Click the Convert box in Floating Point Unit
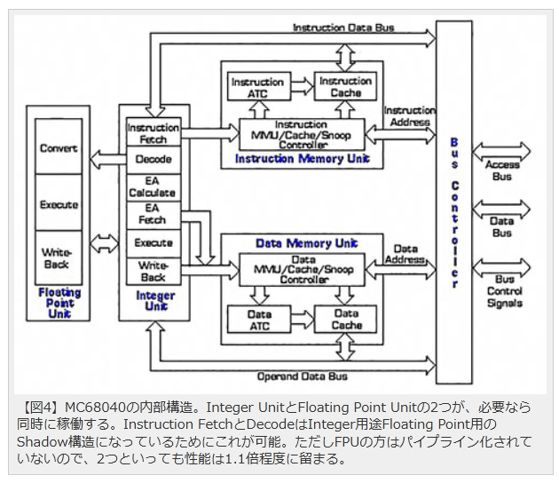(x=59, y=148)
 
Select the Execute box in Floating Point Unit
(x=59, y=204)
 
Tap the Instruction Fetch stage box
(x=153, y=133)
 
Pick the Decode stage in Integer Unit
(x=153, y=160)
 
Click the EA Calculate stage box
(x=153, y=186)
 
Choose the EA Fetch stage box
(x=153, y=214)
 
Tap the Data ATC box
(x=259, y=320)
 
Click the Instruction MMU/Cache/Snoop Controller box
(x=303, y=134)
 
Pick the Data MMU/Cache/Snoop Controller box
(x=303, y=269)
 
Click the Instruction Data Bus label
(x=342, y=28)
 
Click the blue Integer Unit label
(x=154, y=300)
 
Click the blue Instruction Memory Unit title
(x=302, y=159)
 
